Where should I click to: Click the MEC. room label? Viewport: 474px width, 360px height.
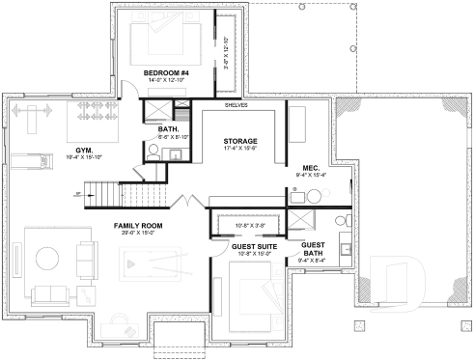tap(311, 167)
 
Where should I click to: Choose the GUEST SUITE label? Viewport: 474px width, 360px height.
tap(255, 246)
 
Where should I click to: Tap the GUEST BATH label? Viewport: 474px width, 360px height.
tap(313, 248)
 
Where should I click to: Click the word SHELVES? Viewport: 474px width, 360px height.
tap(236, 104)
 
